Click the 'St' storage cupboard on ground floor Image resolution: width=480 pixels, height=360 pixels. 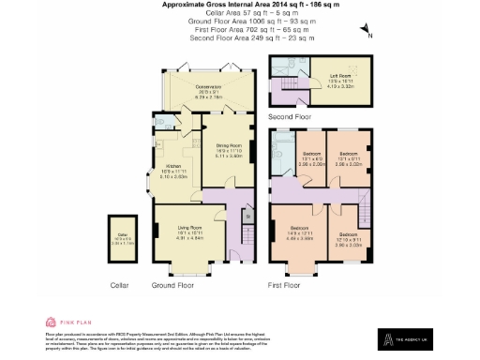pyautogui.click(x=247, y=217)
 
